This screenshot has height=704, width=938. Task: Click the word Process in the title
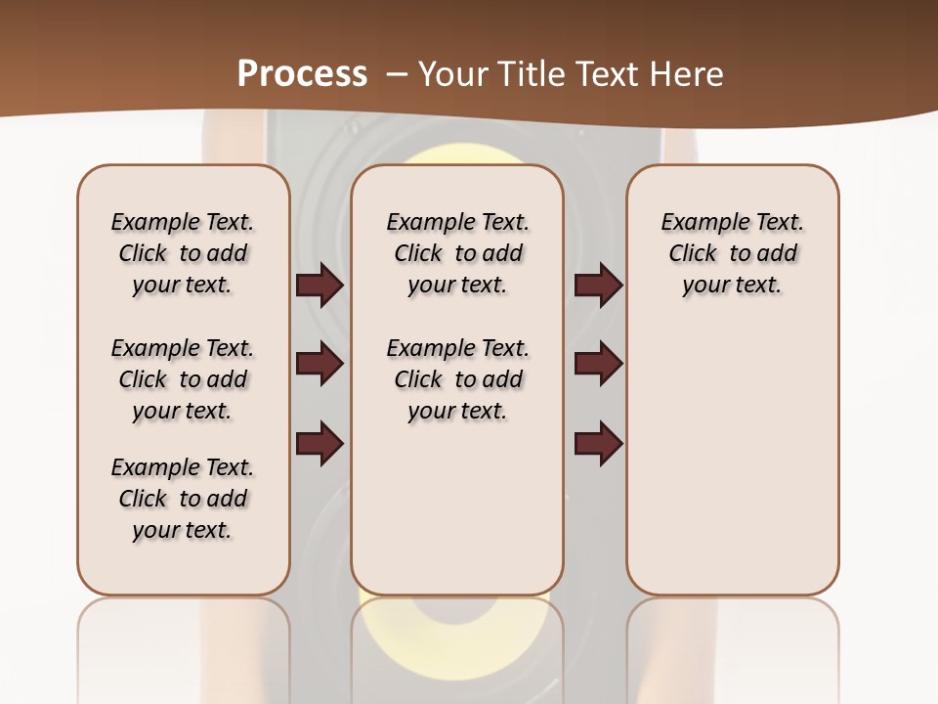tap(302, 73)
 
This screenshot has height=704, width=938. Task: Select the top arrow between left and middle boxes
tap(320, 285)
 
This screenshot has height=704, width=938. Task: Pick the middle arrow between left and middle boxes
tap(320, 364)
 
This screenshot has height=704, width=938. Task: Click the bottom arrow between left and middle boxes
tap(320, 444)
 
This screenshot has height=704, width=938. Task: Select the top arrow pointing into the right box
tap(598, 285)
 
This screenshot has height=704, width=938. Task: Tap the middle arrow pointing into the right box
tap(598, 364)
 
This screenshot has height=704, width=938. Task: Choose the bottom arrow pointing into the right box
tap(598, 444)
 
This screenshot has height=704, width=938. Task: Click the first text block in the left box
tap(183, 253)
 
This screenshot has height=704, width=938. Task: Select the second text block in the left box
tap(183, 379)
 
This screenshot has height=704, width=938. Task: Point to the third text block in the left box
tap(183, 499)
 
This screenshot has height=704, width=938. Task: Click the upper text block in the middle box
tap(457, 253)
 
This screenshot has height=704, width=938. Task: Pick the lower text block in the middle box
tap(457, 379)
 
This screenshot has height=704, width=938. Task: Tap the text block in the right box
tap(733, 253)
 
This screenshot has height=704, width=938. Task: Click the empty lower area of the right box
tap(733, 469)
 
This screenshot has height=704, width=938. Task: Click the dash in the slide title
tap(396, 74)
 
